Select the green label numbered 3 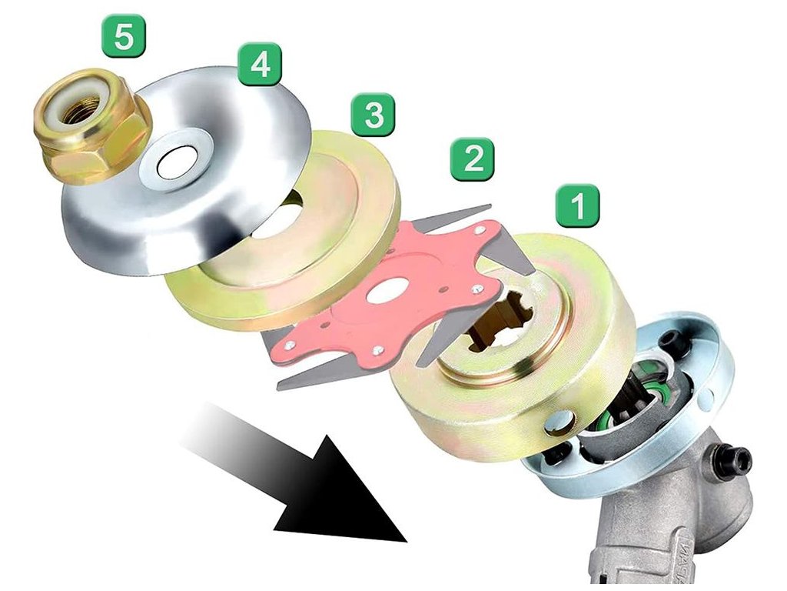coord(374,115)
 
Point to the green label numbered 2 coord(472,159)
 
